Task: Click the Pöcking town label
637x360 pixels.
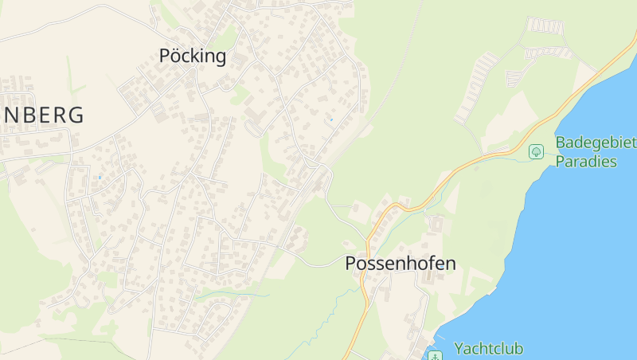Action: pyautogui.click(x=193, y=56)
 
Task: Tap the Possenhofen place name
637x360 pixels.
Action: pyautogui.click(x=401, y=264)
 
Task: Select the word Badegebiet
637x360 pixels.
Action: pyautogui.click(x=596, y=143)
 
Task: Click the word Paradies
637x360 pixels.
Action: pyautogui.click(x=586, y=162)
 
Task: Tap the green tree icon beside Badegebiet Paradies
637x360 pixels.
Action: pyautogui.click(x=537, y=151)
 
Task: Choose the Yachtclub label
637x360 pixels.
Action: pyautogui.click(x=488, y=348)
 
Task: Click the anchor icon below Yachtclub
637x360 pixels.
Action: pyautogui.click(x=435, y=355)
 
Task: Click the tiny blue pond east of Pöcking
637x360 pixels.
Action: pyautogui.click(x=330, y=120)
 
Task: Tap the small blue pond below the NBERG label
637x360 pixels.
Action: pyautogui.click(x=100, y=177)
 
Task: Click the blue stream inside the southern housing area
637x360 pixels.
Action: pyautogui.click(x=231, y=296)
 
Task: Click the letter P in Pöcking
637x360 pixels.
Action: pyautogui.click(x=165, y=56)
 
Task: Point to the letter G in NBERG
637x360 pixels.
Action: pyautogui.click(x=76, y=115)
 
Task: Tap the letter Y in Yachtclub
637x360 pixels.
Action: pyautogui.click(x=459, y=348)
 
